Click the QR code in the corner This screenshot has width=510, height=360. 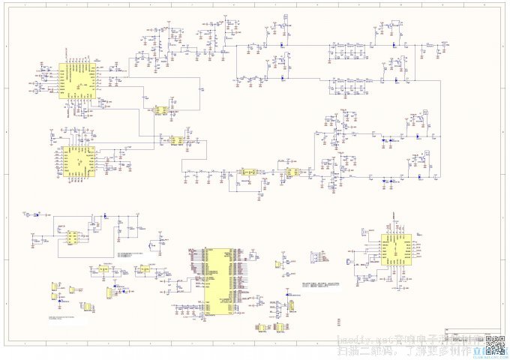(x=495, y=344)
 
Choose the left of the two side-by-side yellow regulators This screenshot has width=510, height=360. (x=103, y=268)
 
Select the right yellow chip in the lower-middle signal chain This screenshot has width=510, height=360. (x=289, y=172)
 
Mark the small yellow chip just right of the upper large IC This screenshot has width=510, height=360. (x=159, y=110)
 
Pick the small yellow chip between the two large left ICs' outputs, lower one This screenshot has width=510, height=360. (x=177, y=140)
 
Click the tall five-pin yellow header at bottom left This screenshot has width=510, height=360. (x=109, y=292)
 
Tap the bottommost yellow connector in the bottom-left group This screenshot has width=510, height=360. (x=88, y=307)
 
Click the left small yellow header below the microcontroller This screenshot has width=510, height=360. (x=259, y=328)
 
